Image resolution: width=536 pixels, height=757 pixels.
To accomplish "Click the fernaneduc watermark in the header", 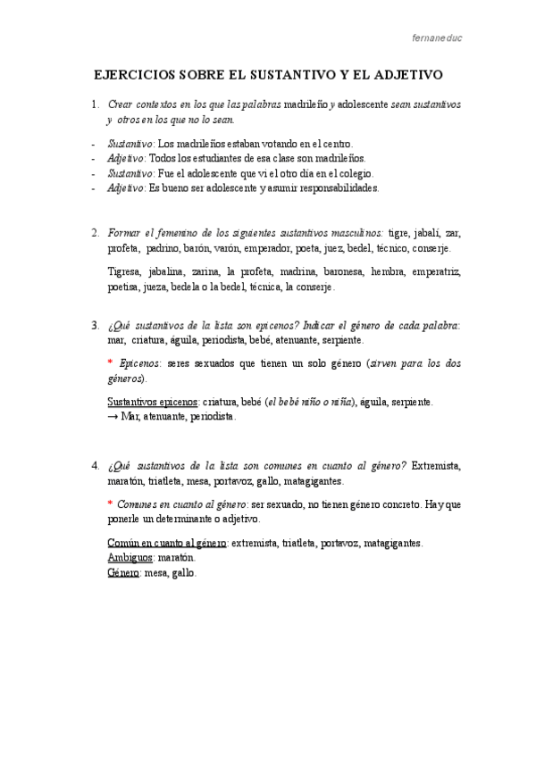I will [x=437, y=39].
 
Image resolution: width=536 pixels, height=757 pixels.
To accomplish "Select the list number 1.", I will [x=96, y=104].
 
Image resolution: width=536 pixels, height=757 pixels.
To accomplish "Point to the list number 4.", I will [x=96, y=466].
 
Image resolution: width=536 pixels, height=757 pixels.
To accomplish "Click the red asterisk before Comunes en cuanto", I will [x=110, y=505].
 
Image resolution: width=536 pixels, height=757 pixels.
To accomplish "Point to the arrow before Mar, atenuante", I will [x=113, y=417].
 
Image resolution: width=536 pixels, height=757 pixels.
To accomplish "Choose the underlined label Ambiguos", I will [x=130, y=557].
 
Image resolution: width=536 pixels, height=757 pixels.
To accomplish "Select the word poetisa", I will [x=125, y=287].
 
